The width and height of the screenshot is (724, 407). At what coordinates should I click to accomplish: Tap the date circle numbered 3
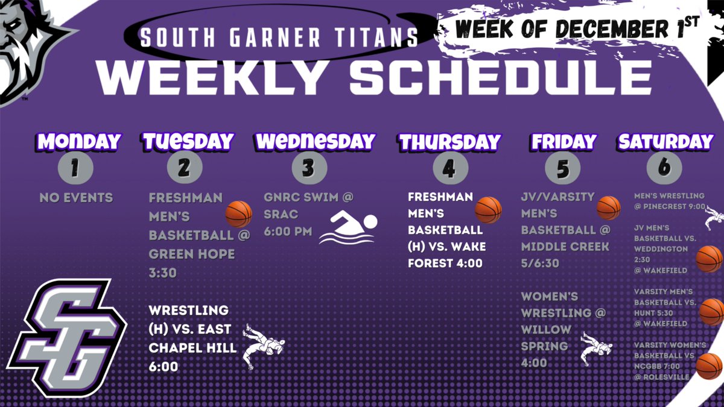(x=309, y=168)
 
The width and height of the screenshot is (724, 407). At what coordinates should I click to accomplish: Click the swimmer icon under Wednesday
(x=348, y=229)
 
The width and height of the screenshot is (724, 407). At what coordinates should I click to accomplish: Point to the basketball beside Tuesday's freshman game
(x=238, y=213)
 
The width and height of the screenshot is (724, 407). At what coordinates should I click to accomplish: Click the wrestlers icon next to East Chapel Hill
(x=263, y=347)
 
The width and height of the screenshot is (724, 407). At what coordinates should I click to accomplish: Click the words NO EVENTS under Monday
(x=76, y=197)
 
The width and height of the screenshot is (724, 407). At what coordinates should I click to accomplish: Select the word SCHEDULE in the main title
(x=501, y=77)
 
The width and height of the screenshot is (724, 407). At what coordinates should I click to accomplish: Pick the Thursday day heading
(x=449, y=142)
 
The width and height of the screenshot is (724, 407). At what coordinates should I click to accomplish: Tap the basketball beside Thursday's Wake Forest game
(x=488, y=209)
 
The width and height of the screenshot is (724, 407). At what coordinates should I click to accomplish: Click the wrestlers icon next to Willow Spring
(x=595, y=349)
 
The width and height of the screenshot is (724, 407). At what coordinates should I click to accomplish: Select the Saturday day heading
(x=665, y=142)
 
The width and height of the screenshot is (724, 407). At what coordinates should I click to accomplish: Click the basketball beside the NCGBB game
(x=710, y=366)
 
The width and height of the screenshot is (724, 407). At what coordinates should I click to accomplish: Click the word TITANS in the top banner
(x=370, y=37)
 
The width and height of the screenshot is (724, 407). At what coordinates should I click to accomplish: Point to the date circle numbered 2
(x=183, y=168)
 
